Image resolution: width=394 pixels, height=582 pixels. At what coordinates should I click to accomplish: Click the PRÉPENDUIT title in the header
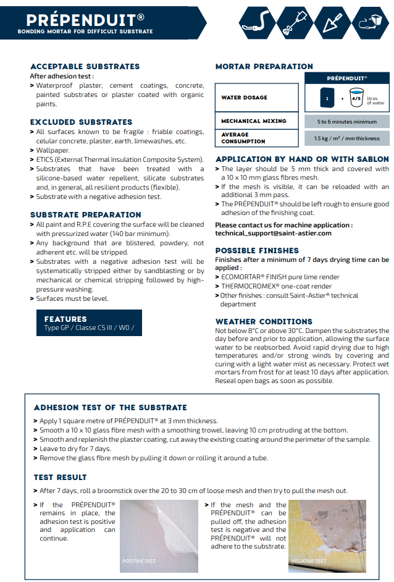(77, 17)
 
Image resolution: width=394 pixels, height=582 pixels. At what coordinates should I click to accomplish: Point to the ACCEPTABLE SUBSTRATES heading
(85, 66)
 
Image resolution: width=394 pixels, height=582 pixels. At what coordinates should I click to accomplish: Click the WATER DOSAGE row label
(245, 98)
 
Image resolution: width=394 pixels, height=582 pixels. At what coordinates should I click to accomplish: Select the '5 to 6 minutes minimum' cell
(347, 122)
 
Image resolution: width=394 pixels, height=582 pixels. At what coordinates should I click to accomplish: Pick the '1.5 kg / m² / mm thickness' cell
(347, 138)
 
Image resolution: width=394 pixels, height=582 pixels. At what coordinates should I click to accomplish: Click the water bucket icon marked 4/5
(356, 98)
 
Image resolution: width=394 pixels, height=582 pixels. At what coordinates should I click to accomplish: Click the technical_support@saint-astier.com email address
(273, 234)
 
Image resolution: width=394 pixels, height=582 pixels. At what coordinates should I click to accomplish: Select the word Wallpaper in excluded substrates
(53, 150)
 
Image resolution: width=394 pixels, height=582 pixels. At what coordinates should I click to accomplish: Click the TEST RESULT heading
(61, 478)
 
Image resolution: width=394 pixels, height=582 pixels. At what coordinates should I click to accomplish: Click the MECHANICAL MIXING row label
(254, 121)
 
